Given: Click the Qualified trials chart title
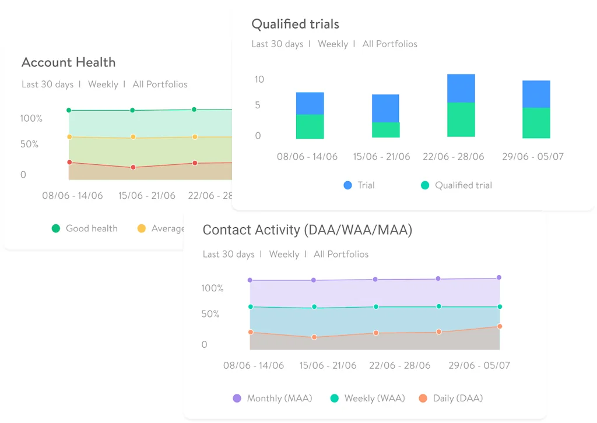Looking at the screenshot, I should [295, 24].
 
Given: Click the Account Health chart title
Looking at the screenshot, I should [68, 63].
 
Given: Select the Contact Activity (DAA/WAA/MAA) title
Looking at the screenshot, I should [307, 230].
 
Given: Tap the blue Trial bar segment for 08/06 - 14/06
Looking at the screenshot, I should [310, 104].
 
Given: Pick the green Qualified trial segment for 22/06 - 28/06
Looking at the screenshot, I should [461, 119].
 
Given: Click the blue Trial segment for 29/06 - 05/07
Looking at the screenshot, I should [536, 94].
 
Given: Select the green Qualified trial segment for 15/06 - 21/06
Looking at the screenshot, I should [385, 129].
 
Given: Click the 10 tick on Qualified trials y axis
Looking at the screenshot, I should [259, 79].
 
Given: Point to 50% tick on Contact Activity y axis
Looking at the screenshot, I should [210, 314].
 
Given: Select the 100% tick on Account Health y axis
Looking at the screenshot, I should [31, 118].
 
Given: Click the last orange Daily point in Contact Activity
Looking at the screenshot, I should [500, 326].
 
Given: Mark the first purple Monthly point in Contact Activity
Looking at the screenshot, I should [250, 280].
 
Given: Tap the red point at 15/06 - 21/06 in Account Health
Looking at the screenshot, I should [133, 167].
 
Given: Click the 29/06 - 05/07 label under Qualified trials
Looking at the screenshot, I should [532, 157].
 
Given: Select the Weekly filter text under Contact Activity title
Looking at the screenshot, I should [284, 254].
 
